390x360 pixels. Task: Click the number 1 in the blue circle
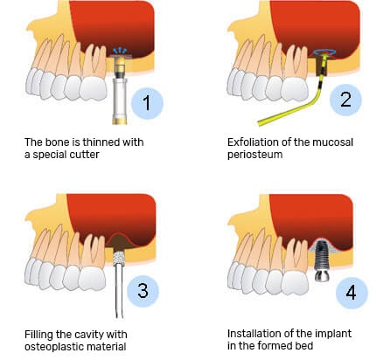(x=147, y=103)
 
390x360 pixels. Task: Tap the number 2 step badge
(x=345, y=100)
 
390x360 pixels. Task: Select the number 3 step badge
(x=143, y=291)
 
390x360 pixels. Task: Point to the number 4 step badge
(x=352, y=293)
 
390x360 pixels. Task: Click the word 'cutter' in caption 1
(x=84, y=155)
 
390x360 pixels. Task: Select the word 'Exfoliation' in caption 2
(x=252, y=142)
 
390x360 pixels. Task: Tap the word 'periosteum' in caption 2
(x=255, y=155)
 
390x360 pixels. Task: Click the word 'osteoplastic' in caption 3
(x=52, y=347)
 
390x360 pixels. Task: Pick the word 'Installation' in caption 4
(x=252, y=334)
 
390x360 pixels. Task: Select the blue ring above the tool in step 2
(x=324, y=52)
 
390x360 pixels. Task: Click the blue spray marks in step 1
(x=121, y=51)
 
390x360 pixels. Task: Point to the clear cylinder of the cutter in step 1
(x=120, y=98)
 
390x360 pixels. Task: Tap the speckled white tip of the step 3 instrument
(x=119, y=259)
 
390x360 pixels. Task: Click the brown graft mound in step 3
(x=119, y=241)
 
